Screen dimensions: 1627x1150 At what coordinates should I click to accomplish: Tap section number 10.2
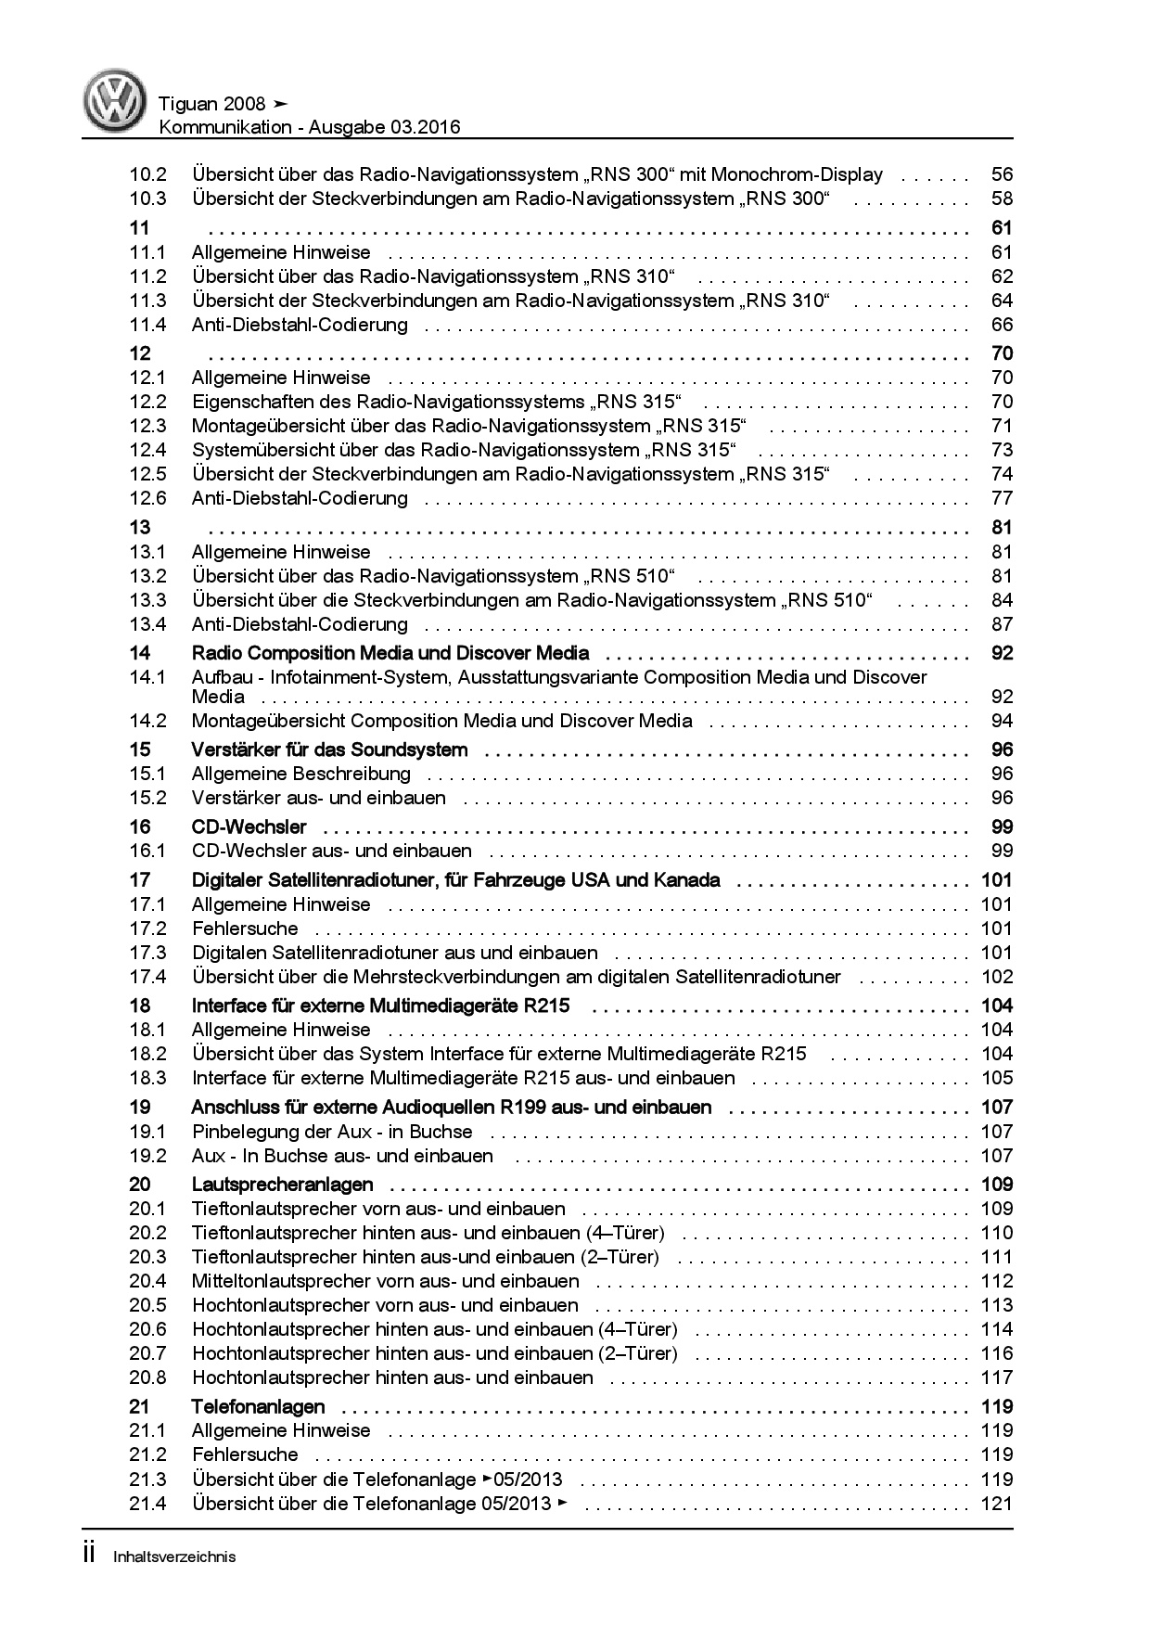[147, 174]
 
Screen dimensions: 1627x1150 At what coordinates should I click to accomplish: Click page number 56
[1002, 174]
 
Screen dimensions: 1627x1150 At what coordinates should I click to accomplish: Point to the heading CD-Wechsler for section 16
[249, 826]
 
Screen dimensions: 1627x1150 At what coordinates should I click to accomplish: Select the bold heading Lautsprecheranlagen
[282, 1185]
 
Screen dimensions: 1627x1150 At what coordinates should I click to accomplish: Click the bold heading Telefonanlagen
[258, 1406]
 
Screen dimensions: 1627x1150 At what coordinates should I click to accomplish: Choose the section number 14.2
[147, 721]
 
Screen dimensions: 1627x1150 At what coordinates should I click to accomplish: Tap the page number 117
[997, 1377]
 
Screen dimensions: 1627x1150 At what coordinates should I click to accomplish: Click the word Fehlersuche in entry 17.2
[245, 929]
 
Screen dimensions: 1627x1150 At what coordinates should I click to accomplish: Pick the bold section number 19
[139, 1107]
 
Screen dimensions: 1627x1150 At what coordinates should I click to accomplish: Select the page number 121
[997, 1504]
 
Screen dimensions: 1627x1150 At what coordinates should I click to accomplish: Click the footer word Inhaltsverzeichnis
[174, 1557]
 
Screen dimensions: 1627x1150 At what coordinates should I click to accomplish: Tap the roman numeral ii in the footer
[89, 1555]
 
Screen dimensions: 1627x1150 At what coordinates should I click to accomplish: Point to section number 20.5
[147, 1305]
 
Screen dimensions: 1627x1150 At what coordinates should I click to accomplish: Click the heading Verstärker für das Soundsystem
[329, 749]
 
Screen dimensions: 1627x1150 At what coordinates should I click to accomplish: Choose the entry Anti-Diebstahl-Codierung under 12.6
[300, 498]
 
